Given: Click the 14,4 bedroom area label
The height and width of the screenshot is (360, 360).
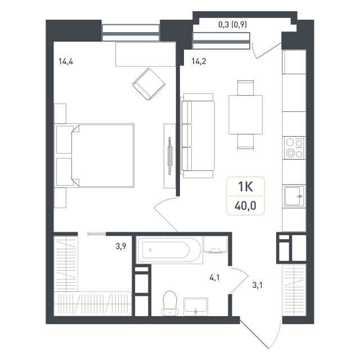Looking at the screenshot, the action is (x=66, y=61).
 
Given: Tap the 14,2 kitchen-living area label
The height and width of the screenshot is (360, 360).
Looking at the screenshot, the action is (x=199, y=61).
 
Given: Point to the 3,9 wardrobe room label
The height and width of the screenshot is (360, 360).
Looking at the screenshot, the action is (x=121, y=246).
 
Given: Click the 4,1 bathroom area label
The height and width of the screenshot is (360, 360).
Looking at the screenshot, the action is (x=214, y=278).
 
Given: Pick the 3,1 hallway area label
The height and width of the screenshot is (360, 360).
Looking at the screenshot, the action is (x=258, y=285).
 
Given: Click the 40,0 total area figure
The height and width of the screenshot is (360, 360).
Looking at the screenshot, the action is (x=245, y=206).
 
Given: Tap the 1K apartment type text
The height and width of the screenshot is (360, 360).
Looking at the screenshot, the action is (x=245, y=186).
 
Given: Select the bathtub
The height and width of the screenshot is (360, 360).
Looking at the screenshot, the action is (x=169, y=250).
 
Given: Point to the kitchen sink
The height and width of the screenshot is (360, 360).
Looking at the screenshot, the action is (x=294, y=196).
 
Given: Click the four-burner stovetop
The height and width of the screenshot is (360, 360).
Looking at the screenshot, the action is (x=294, y=148).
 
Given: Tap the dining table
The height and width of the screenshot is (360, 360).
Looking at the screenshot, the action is (x=245, y=115).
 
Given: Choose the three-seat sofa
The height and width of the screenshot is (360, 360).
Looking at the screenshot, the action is (x=198, y=136).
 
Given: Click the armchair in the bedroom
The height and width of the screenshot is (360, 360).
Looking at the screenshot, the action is (x=148, y=84).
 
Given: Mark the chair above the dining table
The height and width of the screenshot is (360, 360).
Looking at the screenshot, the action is (x=245, y=88).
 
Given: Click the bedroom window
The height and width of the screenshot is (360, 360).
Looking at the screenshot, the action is (x=131, y=33).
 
